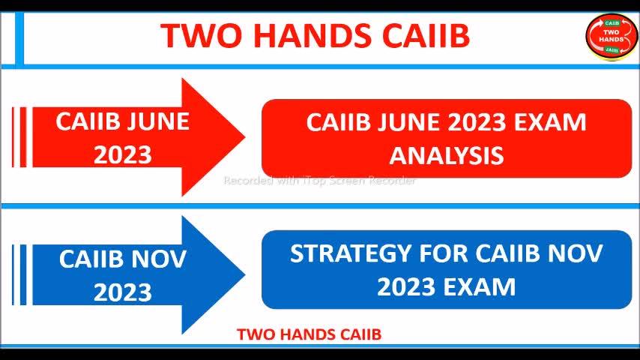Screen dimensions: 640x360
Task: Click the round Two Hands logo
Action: click(x=611, y=37)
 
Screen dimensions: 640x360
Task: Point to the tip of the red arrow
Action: click(x=245, y=137)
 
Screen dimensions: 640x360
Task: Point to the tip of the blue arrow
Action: click(x=245, y=275)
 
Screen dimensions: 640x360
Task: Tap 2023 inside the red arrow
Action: click(x=122, y=155)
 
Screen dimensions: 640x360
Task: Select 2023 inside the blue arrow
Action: click(x=122, y=292)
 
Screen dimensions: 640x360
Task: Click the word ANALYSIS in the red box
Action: click(x=447, y=156)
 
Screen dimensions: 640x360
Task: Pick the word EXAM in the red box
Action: click(x=550, y=122)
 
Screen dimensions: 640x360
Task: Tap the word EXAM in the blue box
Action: click(x=480, y=286)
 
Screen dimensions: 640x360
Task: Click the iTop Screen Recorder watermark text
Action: click(x=319, y=180)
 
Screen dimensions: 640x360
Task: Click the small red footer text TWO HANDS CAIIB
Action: click(x=309, y=334)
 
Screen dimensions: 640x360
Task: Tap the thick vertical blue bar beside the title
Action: click(x=19, y=38)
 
